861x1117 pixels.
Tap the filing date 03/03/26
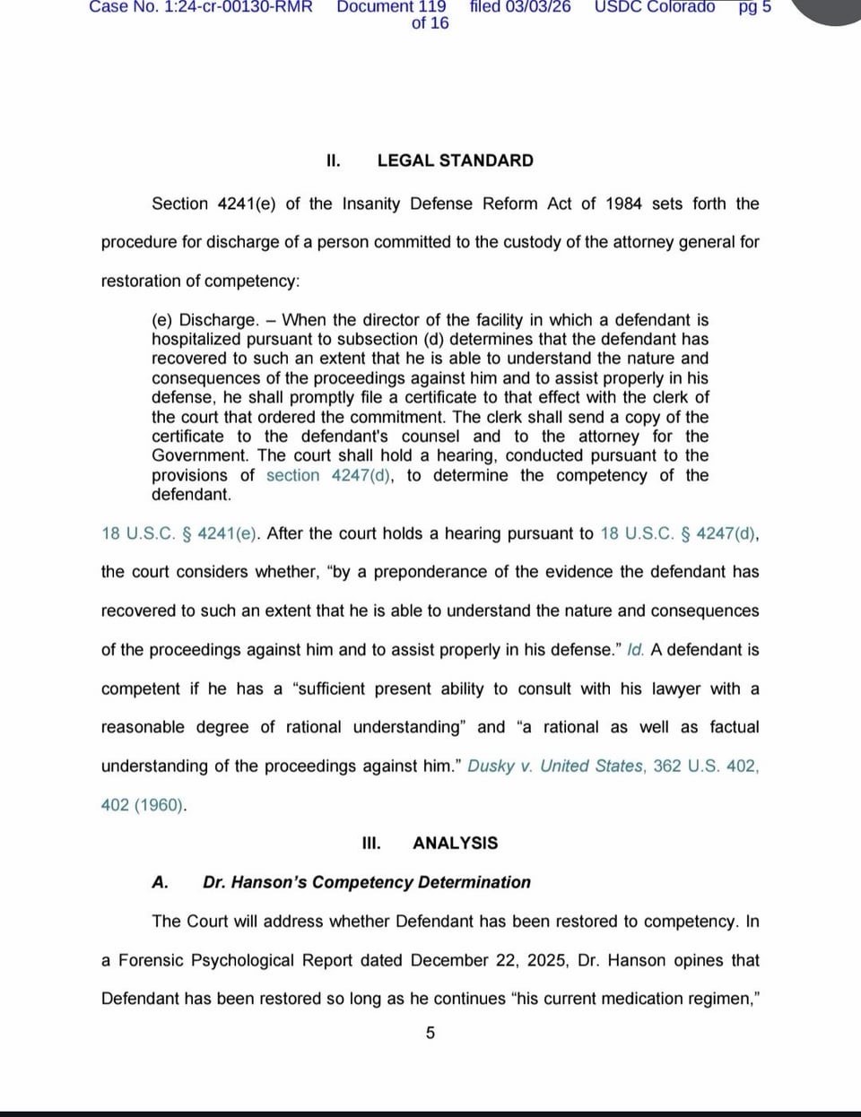coord(537,7)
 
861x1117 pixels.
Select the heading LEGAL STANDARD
coord(455,160)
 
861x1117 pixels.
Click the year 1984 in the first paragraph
coord(623,203)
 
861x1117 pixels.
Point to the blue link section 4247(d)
coord(328,475)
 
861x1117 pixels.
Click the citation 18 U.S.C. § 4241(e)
coord(180,533)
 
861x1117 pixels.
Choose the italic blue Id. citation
coord(635,650)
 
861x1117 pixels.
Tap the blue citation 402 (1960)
coord(143,805)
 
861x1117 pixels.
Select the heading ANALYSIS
coord(455,843)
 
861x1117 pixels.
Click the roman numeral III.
coord(370,843)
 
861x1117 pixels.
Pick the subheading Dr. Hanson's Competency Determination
coord(366,882)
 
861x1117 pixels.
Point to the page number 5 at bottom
coord(430,1033)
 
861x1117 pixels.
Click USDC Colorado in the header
coord(655,7)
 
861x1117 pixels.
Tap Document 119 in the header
coord(391,7)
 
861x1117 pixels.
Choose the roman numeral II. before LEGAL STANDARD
coord(334,160)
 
